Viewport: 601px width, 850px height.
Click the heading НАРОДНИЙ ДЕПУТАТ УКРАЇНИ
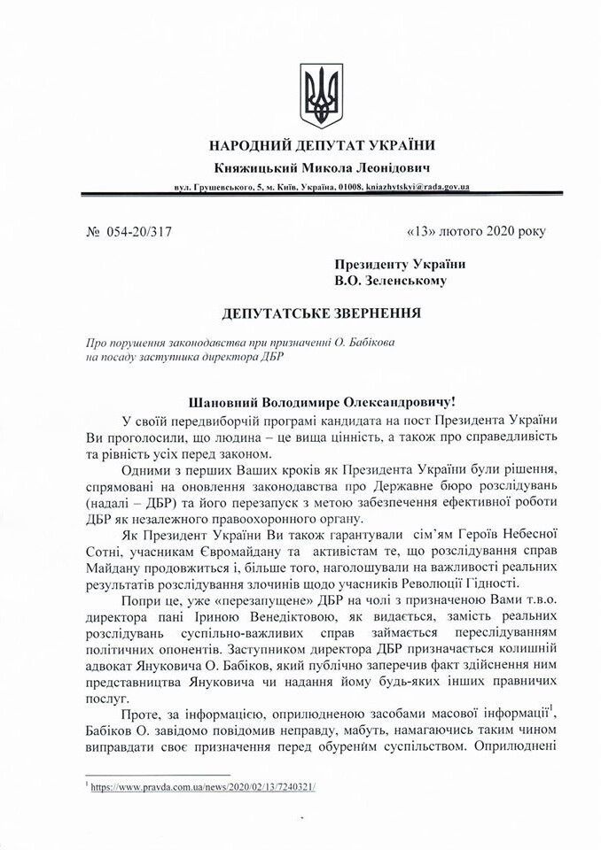click(x=322, y=145)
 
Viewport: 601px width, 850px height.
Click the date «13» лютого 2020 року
click(x=476, y=232)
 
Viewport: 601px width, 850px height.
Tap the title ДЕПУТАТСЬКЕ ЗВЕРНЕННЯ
click(x=322, y=313)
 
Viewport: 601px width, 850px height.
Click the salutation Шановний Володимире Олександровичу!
click(x=322, y=401)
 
